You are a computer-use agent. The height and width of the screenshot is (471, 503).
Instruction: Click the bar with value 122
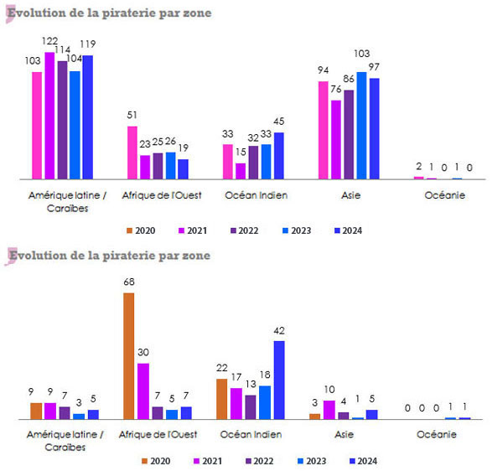point(49,116)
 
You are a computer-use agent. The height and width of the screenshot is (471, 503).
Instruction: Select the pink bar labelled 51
point(132,153)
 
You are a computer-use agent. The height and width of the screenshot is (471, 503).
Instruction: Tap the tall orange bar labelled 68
point(128,355)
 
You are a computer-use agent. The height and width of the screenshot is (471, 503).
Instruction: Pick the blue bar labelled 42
point(278,379)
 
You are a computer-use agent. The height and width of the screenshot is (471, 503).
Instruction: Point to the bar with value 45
point(278,156)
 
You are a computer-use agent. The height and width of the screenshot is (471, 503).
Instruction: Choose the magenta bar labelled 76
point(336,140)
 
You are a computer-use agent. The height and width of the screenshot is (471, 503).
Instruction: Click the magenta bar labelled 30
point(143,391)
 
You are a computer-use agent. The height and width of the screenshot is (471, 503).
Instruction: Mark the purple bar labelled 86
point(349,134)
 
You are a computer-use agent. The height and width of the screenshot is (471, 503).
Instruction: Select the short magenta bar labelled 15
point(241,171)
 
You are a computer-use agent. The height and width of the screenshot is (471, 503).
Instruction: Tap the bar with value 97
point(374,129)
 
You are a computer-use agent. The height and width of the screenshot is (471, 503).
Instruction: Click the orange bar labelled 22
point(221,398)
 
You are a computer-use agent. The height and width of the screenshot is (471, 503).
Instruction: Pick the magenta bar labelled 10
point(329,409)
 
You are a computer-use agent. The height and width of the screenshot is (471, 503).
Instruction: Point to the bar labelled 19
point(183,169)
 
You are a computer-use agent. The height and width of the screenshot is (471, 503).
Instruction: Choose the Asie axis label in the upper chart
point(349,196)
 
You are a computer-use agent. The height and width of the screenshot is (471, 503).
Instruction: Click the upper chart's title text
point(109,13)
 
